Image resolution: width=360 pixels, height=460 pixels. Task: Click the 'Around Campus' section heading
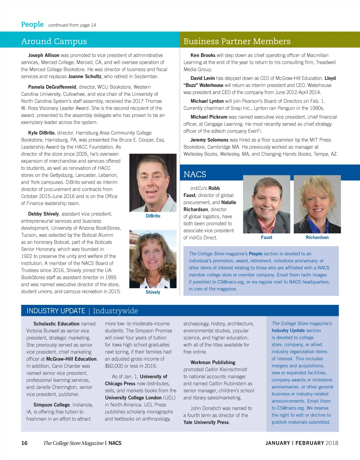tap(54, 41)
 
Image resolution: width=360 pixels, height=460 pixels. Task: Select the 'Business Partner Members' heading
tap(237, 41)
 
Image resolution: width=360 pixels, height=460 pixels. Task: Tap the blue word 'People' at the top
tap(32, 24)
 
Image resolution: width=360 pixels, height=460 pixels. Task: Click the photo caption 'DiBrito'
tap(153, 216)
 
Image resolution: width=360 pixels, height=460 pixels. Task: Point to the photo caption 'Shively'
tap(153, 292)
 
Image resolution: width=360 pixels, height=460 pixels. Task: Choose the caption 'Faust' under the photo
tap(266, 237)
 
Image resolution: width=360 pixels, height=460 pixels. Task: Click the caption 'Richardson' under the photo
tap(317, 237)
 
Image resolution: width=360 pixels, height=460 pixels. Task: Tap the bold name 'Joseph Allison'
tap(44, 55)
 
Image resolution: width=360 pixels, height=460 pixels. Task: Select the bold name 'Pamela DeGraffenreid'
tap(52, 87)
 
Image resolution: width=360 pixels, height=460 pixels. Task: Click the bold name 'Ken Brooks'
tap(203, 55)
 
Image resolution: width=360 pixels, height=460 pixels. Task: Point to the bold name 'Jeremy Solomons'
tap(209, 140)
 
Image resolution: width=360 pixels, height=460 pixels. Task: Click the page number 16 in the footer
tap(24, 443)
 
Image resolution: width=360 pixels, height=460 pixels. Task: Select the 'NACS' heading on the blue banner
tap(195, 174)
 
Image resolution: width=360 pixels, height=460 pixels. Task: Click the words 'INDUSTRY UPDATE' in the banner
tap(56, 311)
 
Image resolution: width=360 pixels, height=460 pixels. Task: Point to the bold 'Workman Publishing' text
tap(213, 362)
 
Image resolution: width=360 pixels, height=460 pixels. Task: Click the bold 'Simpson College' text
tap(52, 405)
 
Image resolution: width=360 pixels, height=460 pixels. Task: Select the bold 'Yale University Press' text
tap(206, 422)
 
